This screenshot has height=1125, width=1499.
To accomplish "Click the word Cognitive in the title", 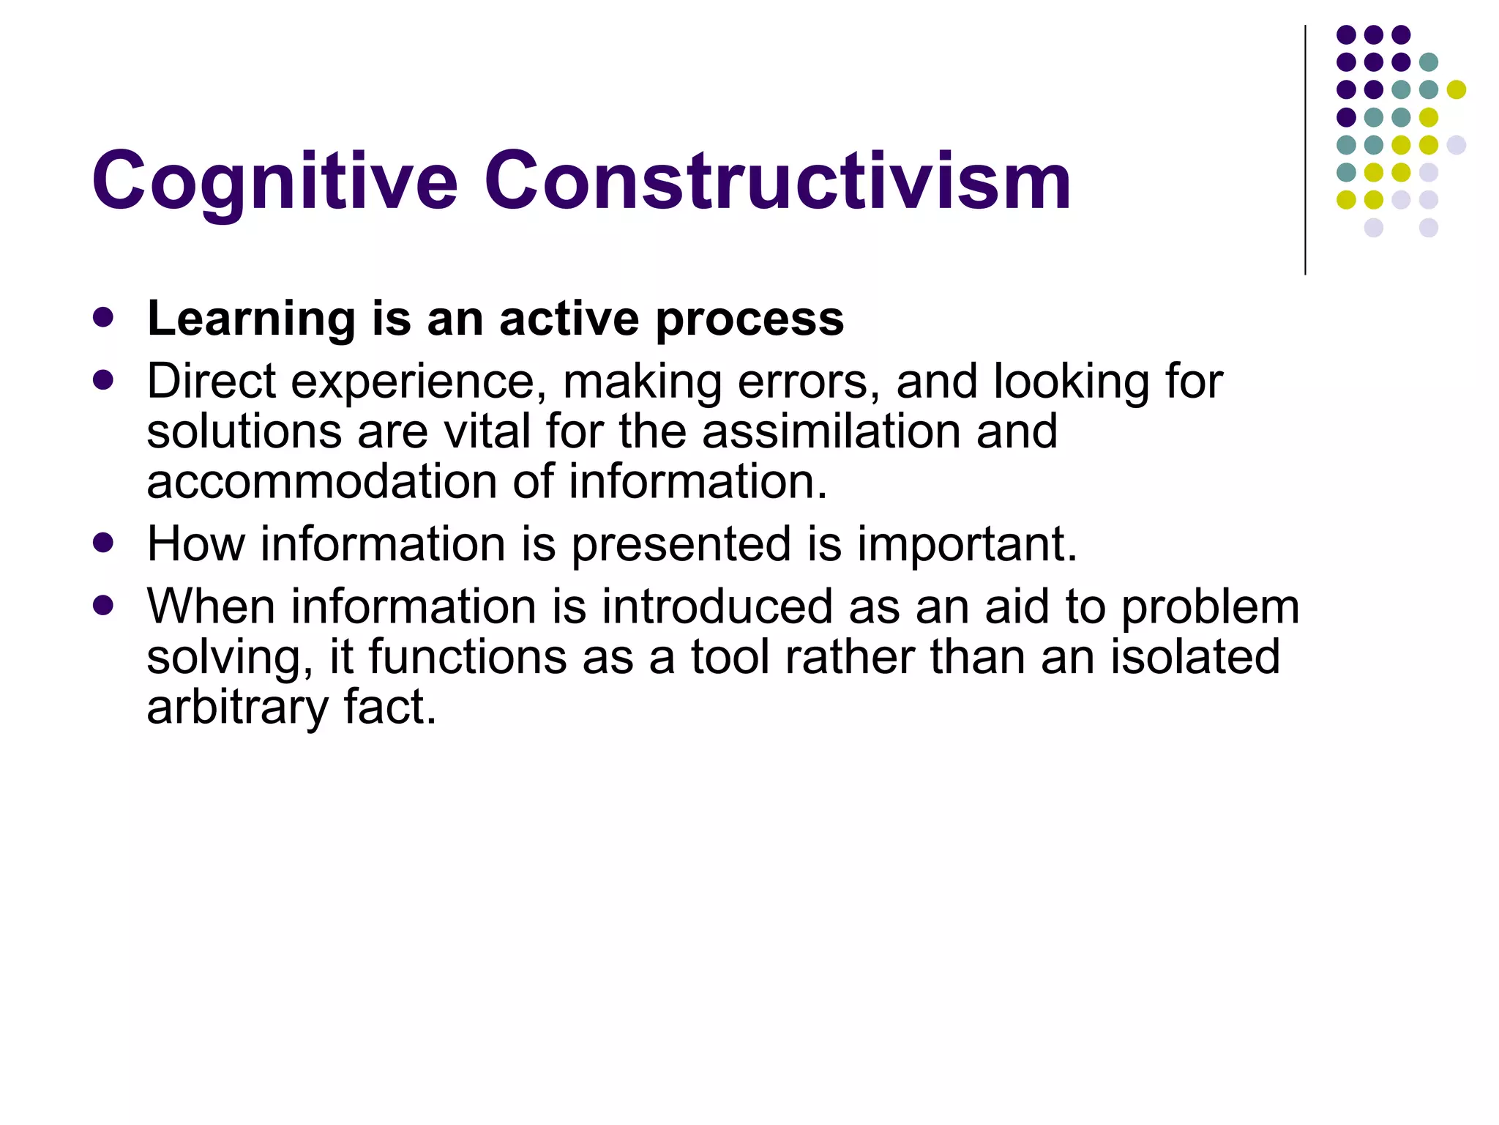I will pos(274,182).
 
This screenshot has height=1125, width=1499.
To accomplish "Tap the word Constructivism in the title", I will pos(777,182).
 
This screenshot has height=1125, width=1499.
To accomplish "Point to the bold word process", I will pos(749,321).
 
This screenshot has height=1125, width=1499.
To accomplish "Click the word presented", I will pos(681,545).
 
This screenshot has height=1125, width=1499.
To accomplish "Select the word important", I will pos(967,545).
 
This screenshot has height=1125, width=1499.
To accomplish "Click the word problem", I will pos(1211,608).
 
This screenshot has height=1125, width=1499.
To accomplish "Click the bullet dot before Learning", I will pos(104,317).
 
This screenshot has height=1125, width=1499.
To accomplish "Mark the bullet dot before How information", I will pos(104,543).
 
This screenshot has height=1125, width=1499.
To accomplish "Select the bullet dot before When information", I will pos(104,606).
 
